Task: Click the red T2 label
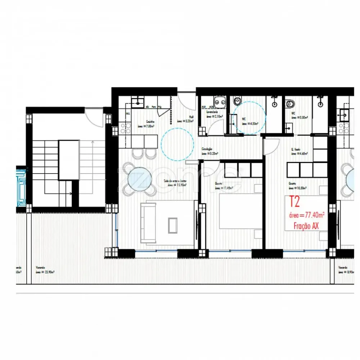(294, 202)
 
